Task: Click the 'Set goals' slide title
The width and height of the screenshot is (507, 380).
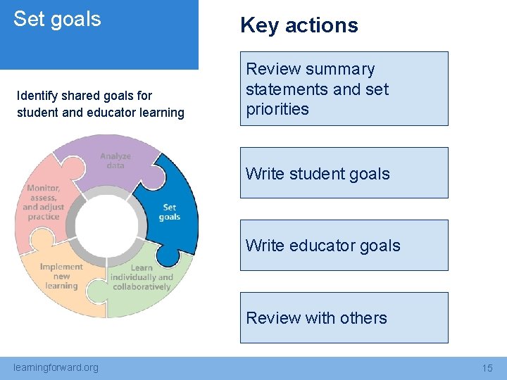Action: click(x=57, y=19)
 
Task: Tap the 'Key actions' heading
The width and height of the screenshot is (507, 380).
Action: click(x=299, y=25)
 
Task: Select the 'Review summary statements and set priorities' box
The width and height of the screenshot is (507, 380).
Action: click(x=344, y=89)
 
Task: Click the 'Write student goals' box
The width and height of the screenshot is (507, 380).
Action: click(x=344, y=173)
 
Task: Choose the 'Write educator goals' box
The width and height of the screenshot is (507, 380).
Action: click(x=344, y=246)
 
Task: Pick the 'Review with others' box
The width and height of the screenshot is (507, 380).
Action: click(x=344, y=318)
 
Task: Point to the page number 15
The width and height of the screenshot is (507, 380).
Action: click(x=487, y=368)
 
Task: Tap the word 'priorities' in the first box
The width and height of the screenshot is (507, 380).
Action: click(x=277, y=109)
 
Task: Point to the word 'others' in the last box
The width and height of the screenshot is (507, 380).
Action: click(x=363, y=318)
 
